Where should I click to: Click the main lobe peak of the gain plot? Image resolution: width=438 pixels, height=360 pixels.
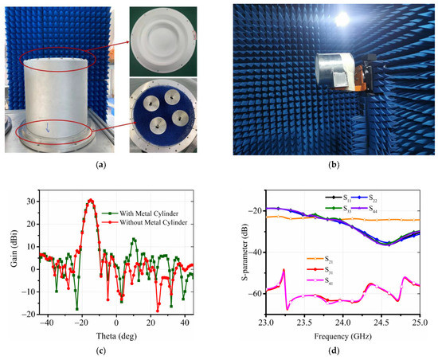pos(91,200)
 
